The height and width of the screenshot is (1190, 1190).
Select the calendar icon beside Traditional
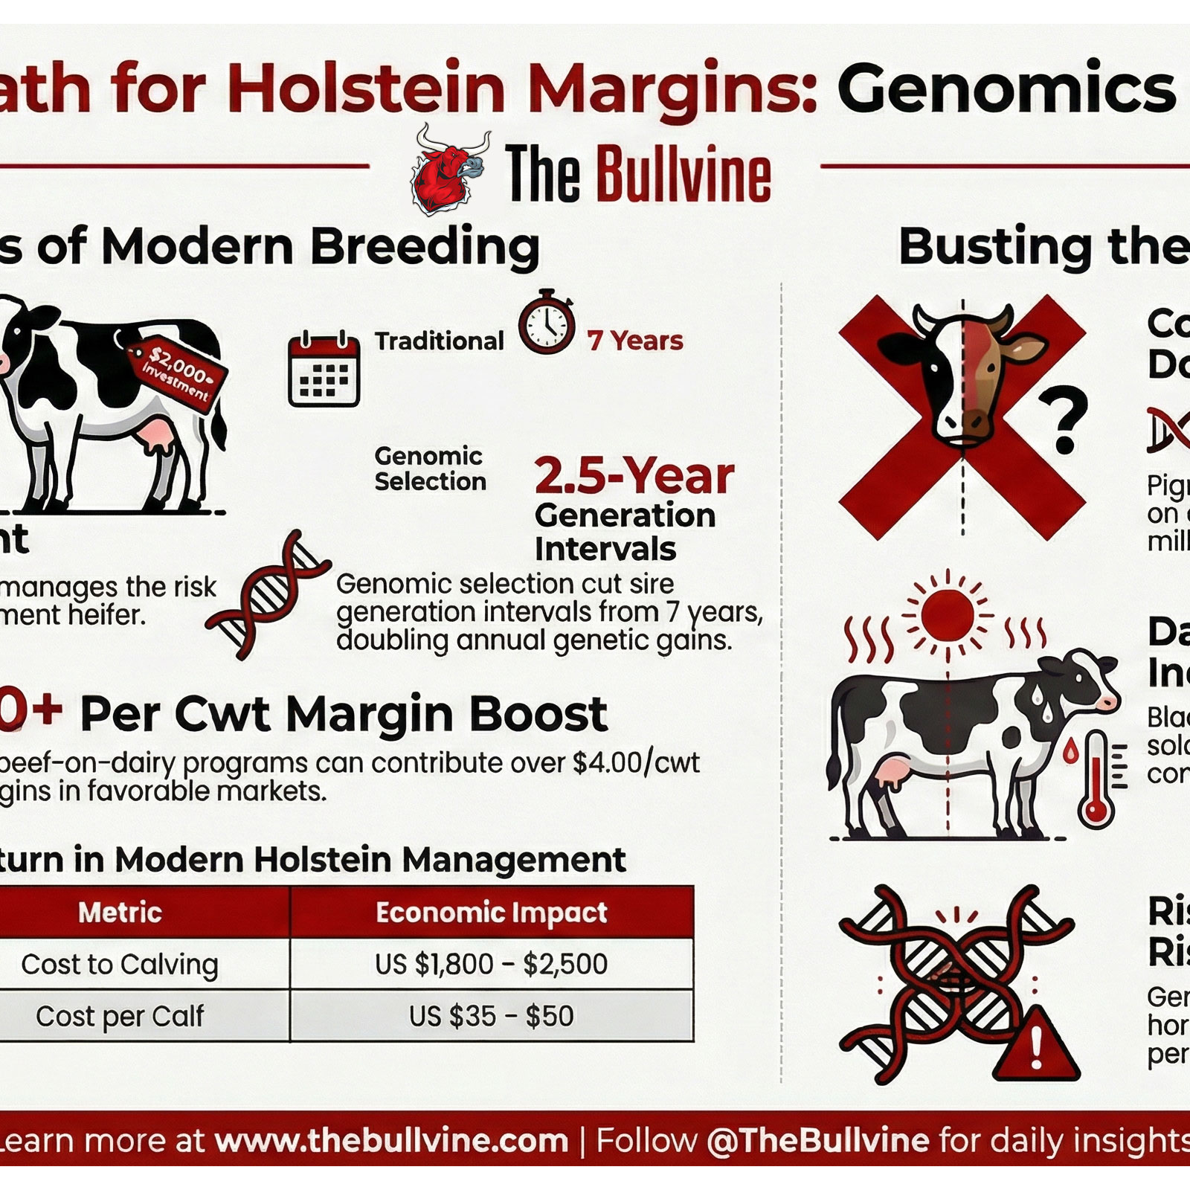pos(324,370)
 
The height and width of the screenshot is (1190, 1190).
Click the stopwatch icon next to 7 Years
pos(547,325)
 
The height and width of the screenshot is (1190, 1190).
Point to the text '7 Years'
pos(634,341)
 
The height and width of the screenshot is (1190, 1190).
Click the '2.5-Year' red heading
pos(634,476)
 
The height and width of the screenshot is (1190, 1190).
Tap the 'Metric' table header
pos(120,912)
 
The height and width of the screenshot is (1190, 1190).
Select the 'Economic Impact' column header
pos(491,912)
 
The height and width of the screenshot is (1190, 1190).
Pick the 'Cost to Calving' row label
pos(120,965)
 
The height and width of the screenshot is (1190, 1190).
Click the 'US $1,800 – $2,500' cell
pos(491,965)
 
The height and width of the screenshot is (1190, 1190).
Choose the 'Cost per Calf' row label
pos(120,1016)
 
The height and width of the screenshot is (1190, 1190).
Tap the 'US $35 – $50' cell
pos(491,1016)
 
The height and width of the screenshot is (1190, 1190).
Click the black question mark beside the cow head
pos(1064,421)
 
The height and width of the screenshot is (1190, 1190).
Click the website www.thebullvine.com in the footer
pos(391,1140)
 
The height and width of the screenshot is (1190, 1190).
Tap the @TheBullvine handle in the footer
pos(817,1140)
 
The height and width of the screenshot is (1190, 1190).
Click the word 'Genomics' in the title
pos(1008,89)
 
